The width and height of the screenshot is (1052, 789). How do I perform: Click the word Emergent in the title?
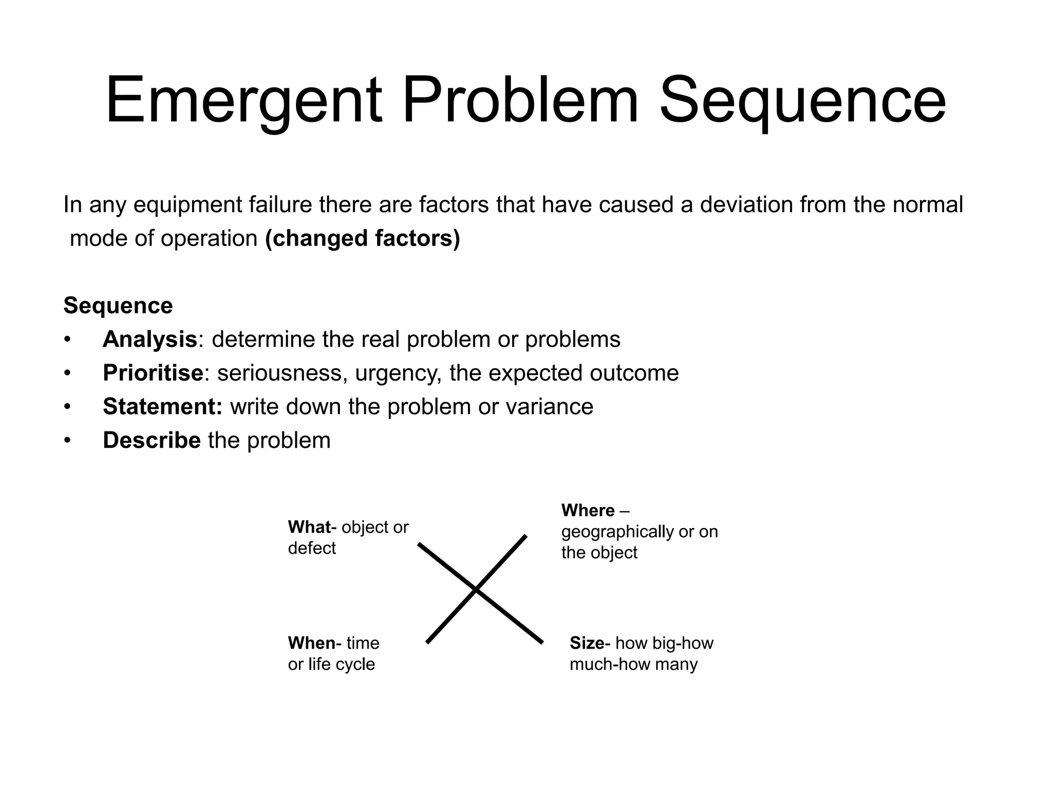(244, 100)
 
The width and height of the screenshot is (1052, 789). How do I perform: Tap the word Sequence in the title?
(802, 100)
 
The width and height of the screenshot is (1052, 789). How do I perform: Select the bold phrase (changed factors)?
(363, 238)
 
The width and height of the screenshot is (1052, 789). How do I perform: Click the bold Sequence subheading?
(118, 306)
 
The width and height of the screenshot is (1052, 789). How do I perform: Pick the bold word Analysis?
(149, 340)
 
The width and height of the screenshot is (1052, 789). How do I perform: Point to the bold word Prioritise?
(153, 373)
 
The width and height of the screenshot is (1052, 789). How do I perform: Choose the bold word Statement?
(162, 407)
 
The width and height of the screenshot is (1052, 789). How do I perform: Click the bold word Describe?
(152, 441)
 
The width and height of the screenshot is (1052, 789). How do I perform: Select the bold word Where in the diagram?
(588, 511)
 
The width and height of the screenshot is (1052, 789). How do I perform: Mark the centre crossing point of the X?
(476, 591)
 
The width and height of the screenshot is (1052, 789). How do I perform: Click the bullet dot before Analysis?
(66, 340)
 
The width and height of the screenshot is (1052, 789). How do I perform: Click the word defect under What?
(312, 548)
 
